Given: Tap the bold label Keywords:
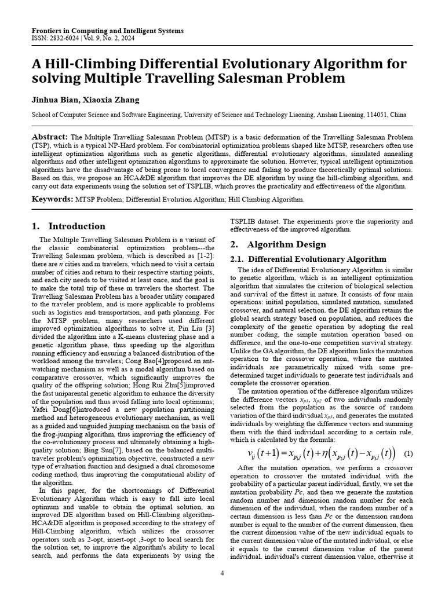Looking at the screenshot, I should pyautogui.click(x=52, y=199).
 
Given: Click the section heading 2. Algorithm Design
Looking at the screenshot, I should pyautogui.click(x=278, y=244).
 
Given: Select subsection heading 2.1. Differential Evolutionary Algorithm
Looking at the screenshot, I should pyautogui.click(x=308, y=259).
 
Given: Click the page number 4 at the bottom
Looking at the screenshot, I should pyautogui.click(x=222, y=573).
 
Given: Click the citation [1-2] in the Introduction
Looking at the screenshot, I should pyautogui.click(x=204, y=256).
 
